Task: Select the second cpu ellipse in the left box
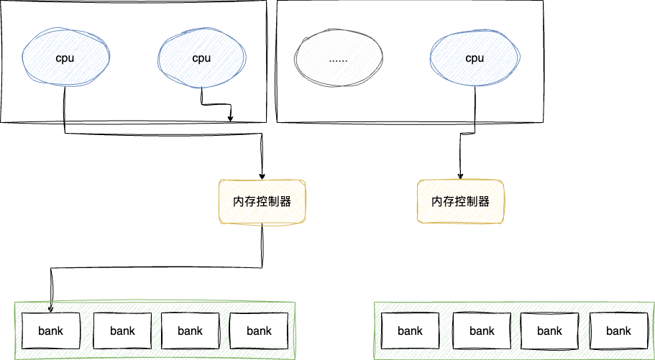(201, 58)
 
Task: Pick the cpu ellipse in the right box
(474, 58)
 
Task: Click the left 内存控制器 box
(262, 201)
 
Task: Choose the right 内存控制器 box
(460, 201)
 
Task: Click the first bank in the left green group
(51, 331)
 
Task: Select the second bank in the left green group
(122, 331)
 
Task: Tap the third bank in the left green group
(190, 331)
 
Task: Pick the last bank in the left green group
(258, 331)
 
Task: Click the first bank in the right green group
(410, 331)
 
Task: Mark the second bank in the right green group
(482, 331)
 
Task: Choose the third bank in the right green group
(549, 331)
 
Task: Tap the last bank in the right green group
(618, 331)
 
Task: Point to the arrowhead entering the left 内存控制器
(262, 175)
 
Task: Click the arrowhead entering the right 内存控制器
(460, 175)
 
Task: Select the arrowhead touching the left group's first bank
(51, 310)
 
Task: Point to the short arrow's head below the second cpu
(230, 119)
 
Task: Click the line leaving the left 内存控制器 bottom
(262, 244)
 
